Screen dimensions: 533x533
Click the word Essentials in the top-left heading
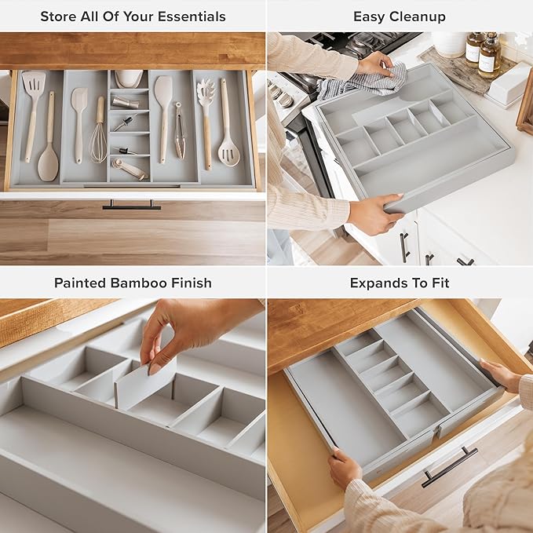coord(189,16)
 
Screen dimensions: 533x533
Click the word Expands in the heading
coord(379,283)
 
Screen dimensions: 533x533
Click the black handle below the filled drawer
coord(131,206)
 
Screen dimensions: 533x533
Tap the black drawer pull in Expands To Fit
coord(449,467)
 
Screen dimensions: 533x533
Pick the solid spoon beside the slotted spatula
coord(49,149)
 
